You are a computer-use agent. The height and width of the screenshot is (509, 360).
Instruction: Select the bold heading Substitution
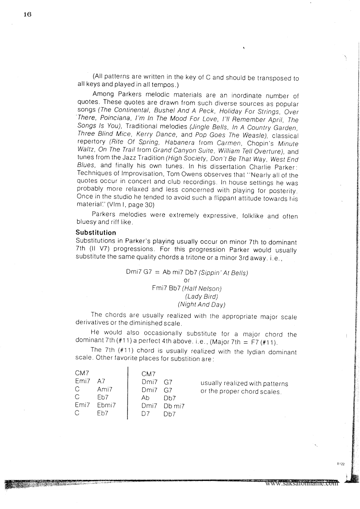[96, 232]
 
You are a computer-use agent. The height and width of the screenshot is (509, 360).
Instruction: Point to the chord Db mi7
[174, 406]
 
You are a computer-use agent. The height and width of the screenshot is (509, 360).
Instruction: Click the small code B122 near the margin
[341, 464]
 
